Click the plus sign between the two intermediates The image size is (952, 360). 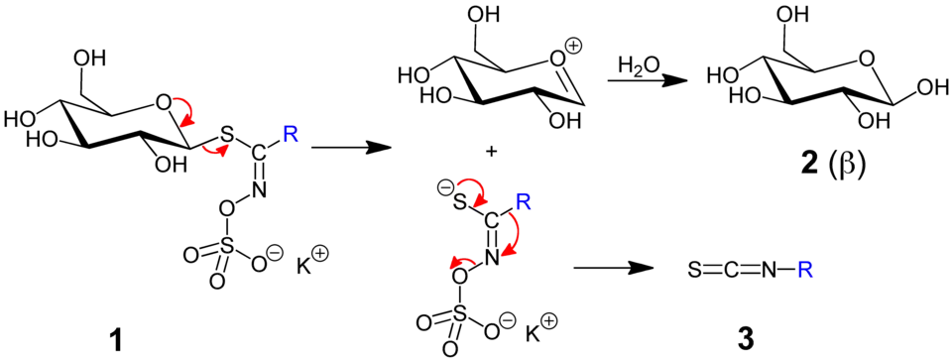click(492, 152)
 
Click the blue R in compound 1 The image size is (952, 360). click(291, 133)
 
